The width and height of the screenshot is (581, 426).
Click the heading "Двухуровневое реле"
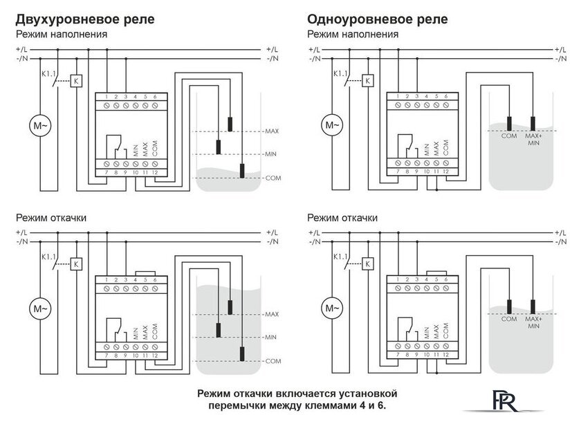(x=84, y=19)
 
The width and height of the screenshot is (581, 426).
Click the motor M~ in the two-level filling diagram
(x=39, y=126)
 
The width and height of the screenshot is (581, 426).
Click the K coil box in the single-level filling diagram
(x=367, y=81)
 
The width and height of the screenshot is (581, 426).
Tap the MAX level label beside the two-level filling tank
(x=271, y=131)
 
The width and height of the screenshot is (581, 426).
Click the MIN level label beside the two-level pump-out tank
(x=271, y=337)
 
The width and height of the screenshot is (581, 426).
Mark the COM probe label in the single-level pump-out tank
(x=508, y=319)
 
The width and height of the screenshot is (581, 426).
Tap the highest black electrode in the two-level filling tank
(x=229, y=124)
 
